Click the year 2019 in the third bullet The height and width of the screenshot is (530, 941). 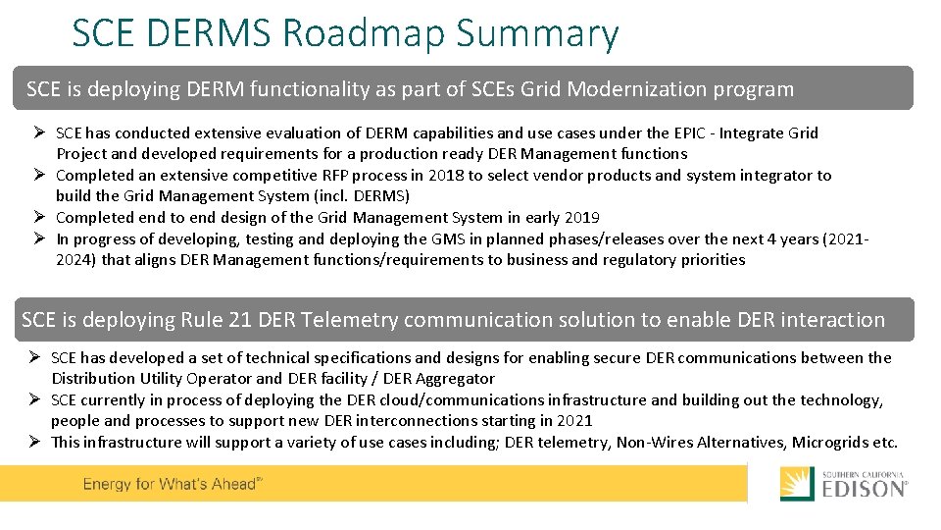[x=582, y=217]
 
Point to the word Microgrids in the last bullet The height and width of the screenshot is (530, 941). [x=830, y=442]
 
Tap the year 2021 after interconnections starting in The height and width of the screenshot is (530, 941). [x=574, y=420]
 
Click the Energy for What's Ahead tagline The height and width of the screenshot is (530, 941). [x=173, y=485]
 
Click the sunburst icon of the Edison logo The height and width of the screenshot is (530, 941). [x=796, y=484]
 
